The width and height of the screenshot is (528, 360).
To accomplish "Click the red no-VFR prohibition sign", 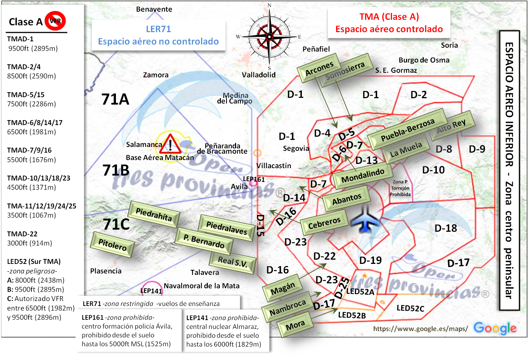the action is point(55,21).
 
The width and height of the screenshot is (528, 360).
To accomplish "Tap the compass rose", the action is point(269,37).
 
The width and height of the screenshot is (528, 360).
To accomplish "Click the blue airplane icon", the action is point(365,219).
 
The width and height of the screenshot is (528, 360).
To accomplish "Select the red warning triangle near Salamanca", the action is point(170,144).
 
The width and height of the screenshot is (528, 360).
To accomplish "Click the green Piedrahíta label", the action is point(154,214).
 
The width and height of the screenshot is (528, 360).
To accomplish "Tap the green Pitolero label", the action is point(112,244).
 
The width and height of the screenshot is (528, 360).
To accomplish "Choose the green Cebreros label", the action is point(324,223).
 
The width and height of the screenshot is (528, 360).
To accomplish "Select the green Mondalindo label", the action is point(363,176).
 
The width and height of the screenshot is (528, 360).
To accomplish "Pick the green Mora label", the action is point(295,325).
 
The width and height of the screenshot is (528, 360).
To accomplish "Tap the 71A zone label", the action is point(115,99).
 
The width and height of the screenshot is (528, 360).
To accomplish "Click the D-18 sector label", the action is point(446,228).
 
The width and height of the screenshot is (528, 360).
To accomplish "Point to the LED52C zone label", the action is point(410,308).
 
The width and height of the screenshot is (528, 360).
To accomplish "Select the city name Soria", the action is point(449,45).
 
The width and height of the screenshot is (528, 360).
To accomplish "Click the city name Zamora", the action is point(156,75).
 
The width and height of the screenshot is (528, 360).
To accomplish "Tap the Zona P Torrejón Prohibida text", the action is point(400,188).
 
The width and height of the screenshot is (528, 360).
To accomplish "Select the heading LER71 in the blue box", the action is point(158,29).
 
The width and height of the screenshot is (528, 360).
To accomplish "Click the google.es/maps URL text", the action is point(421,329).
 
